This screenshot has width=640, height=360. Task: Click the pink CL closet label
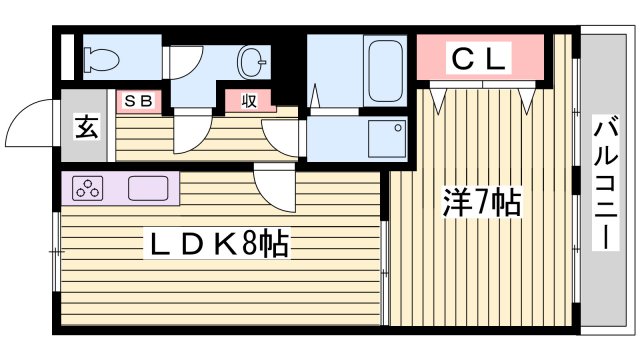tap(480, 59)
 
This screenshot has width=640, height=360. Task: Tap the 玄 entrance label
tap(86, 127)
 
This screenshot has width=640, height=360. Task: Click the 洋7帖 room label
tap(481, 203)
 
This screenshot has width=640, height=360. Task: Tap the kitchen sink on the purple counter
tap(148, 187)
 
